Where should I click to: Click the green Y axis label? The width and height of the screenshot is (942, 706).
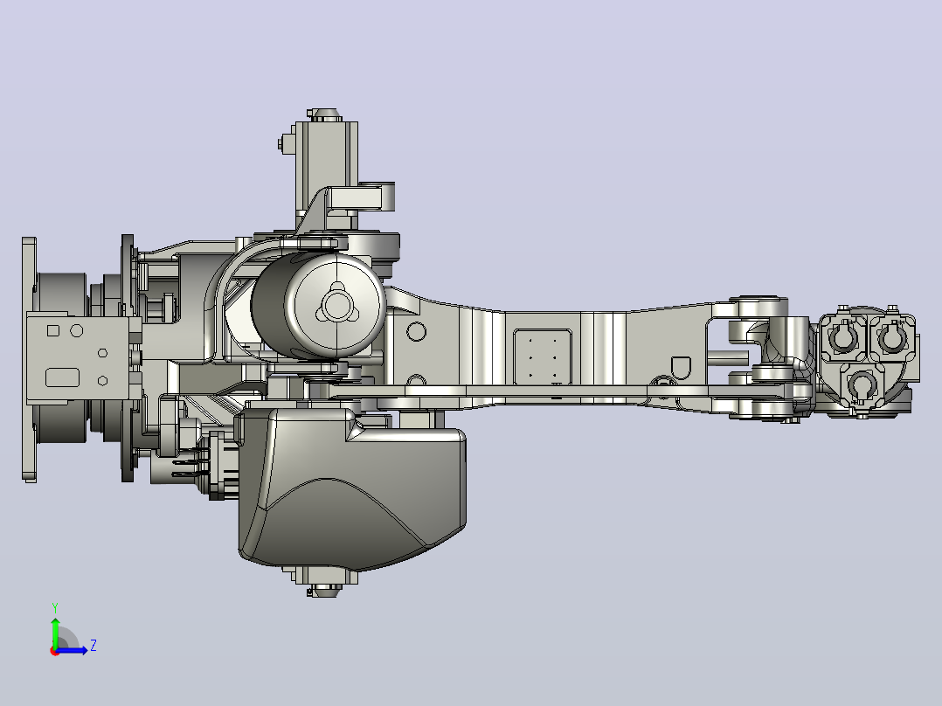pos(55,607)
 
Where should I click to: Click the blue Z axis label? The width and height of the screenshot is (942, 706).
pos(94,646)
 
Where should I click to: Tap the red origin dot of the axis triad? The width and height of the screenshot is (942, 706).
pos(55,651)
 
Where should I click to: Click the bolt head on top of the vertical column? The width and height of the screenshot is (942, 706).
pos(324,114)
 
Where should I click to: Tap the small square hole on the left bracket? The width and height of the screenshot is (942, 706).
pos(52,330)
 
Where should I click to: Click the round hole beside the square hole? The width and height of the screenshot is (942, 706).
pos(77,330)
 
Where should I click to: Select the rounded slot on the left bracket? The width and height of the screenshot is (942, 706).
pos(63,377)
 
